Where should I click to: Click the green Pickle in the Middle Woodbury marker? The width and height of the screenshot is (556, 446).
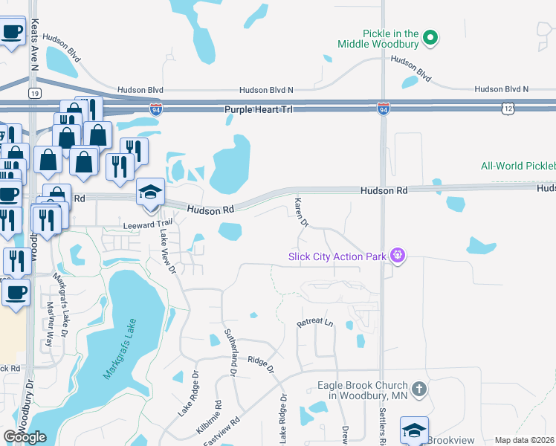click(430, 36)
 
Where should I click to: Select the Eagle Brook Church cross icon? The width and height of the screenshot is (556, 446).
click(419, 388)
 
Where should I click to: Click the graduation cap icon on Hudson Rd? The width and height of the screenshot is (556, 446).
click(149, 193)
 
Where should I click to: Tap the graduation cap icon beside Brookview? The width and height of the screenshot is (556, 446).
click(414, 430)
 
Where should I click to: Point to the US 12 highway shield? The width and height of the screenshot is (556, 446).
click(507, 109)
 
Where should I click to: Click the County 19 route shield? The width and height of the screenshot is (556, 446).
click(34, 93)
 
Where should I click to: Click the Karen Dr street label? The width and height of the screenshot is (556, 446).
click(301, 213)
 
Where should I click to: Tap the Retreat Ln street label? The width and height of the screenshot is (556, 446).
click(314, 323)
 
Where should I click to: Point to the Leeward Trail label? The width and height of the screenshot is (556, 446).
click(147, 223)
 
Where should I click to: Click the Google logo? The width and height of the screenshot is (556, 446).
click(25, 437)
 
